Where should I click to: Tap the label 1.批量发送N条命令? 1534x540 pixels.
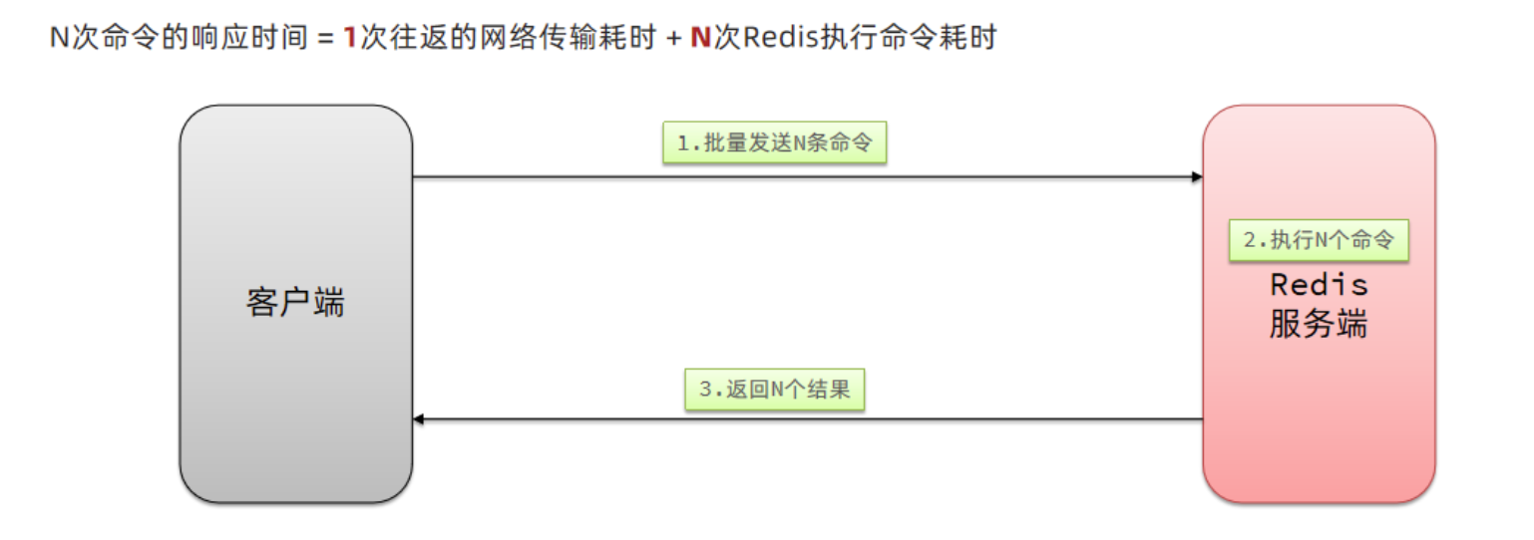point(774,143)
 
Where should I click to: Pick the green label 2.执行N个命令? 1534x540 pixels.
point(1318,240)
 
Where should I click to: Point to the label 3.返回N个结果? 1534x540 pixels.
point(774,389)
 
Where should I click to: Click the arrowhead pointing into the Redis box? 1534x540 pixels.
point(1196,177)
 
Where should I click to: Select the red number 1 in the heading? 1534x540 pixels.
point(350,38)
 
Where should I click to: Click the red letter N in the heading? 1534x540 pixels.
point(700,38)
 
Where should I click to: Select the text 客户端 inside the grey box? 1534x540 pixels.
point(295,302)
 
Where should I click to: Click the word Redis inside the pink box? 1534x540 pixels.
point(1319,285)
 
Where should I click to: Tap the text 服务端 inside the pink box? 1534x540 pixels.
point(1319,324)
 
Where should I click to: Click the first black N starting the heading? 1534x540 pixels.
point(59,38)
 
